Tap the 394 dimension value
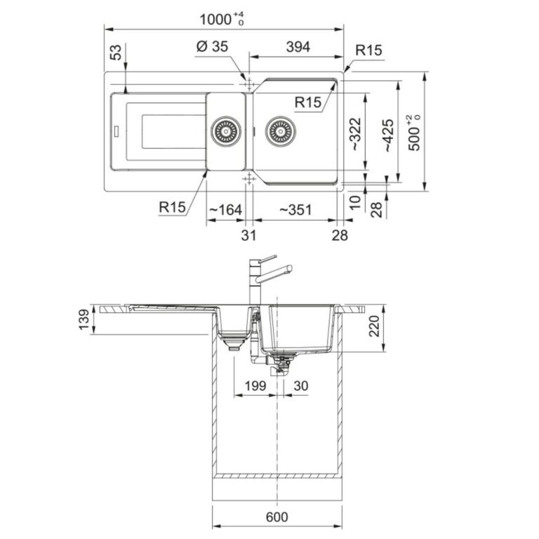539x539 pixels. tap(298, 47)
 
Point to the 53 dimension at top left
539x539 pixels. tap(116, 52)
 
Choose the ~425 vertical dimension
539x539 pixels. tap(388, 133)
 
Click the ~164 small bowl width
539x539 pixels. tap(225, 209)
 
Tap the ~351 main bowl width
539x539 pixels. tap(295, 209)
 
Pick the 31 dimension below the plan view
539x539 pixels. tap(248, 235)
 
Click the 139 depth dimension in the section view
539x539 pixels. tap(84, 320)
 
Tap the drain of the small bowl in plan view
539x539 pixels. tap(225, 131)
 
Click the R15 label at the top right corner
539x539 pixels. tap(368, 51)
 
